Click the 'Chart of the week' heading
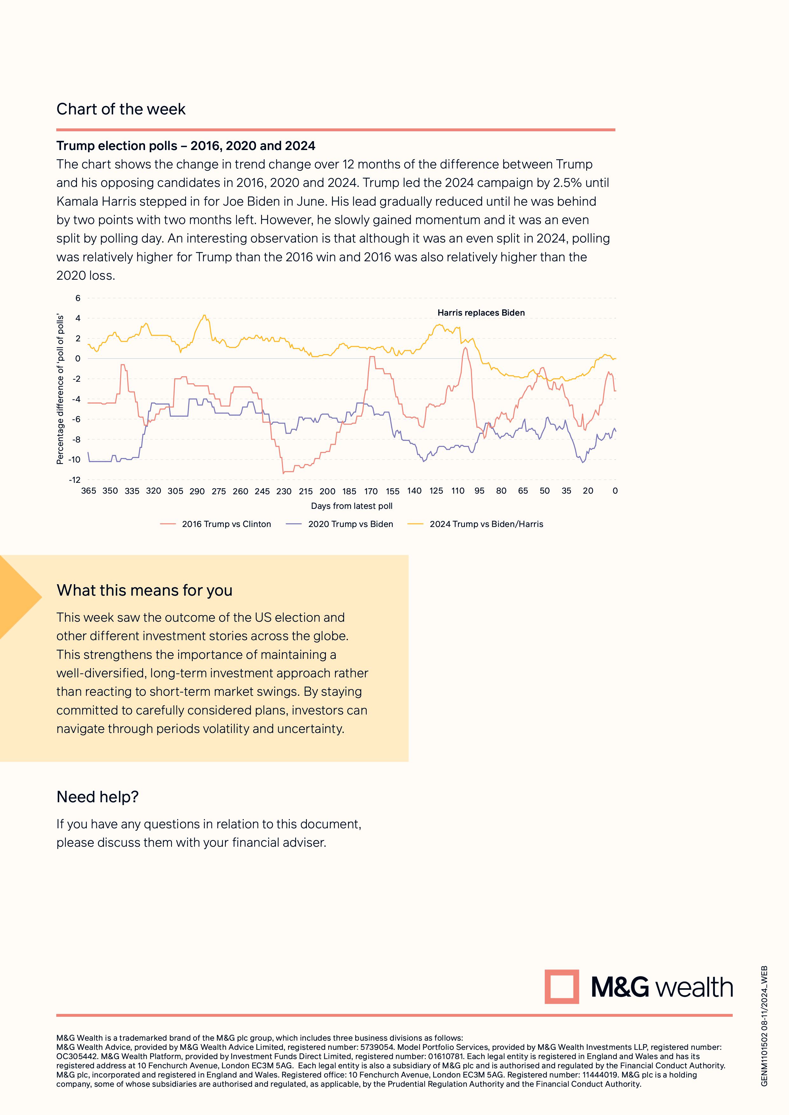[121, 109]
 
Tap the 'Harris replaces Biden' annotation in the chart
[481, 313]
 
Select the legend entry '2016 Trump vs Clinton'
[226, 524]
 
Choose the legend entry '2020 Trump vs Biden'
[350, 524]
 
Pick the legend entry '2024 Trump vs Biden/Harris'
[486, 524]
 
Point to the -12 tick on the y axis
[75, 480]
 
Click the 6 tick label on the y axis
[78, 298]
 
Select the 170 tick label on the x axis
[371, 491]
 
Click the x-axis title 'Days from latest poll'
[351, 506]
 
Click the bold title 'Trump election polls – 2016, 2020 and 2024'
[186, 146]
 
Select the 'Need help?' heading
[97, 797]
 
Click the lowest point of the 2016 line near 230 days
[283, 473]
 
